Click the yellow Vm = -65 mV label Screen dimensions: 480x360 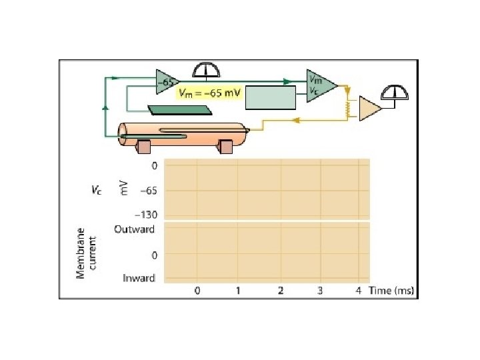click(210, 93)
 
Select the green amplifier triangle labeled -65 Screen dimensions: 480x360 click(166, 82)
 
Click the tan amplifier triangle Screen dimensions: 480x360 click(369, 109)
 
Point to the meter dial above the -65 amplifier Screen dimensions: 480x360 click(206, 70)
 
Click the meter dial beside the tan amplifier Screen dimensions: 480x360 click(395, 93)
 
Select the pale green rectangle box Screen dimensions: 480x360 click(271, 97)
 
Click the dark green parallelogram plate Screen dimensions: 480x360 click(180, 110)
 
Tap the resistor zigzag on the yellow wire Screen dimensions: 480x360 click(348, 109)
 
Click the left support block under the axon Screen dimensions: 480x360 click(144, 146)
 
